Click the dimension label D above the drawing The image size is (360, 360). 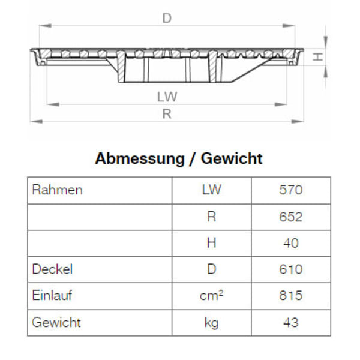coord(167,19)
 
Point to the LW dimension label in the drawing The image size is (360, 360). coord(167,96)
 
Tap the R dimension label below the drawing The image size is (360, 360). coord(167,114)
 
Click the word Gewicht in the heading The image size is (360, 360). coord(232,158)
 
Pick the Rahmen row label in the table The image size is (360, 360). coord(56,190)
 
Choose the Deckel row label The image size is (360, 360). coord(52,269)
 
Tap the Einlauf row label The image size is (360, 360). coord(53,296)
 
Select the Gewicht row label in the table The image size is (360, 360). coord(56,322)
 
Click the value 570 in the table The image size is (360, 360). coord(291,190)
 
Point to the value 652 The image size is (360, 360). coord(291,217)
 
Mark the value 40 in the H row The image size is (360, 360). coord(291,243)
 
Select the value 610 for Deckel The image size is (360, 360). coord(291,269)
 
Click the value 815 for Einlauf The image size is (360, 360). coord(291,296)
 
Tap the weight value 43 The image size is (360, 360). coord(291,322)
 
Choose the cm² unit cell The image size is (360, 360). coord(211,296)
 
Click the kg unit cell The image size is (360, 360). coord(211,323)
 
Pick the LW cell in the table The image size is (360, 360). coord(211,190)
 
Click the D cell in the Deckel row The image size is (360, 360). coord(211,269)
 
